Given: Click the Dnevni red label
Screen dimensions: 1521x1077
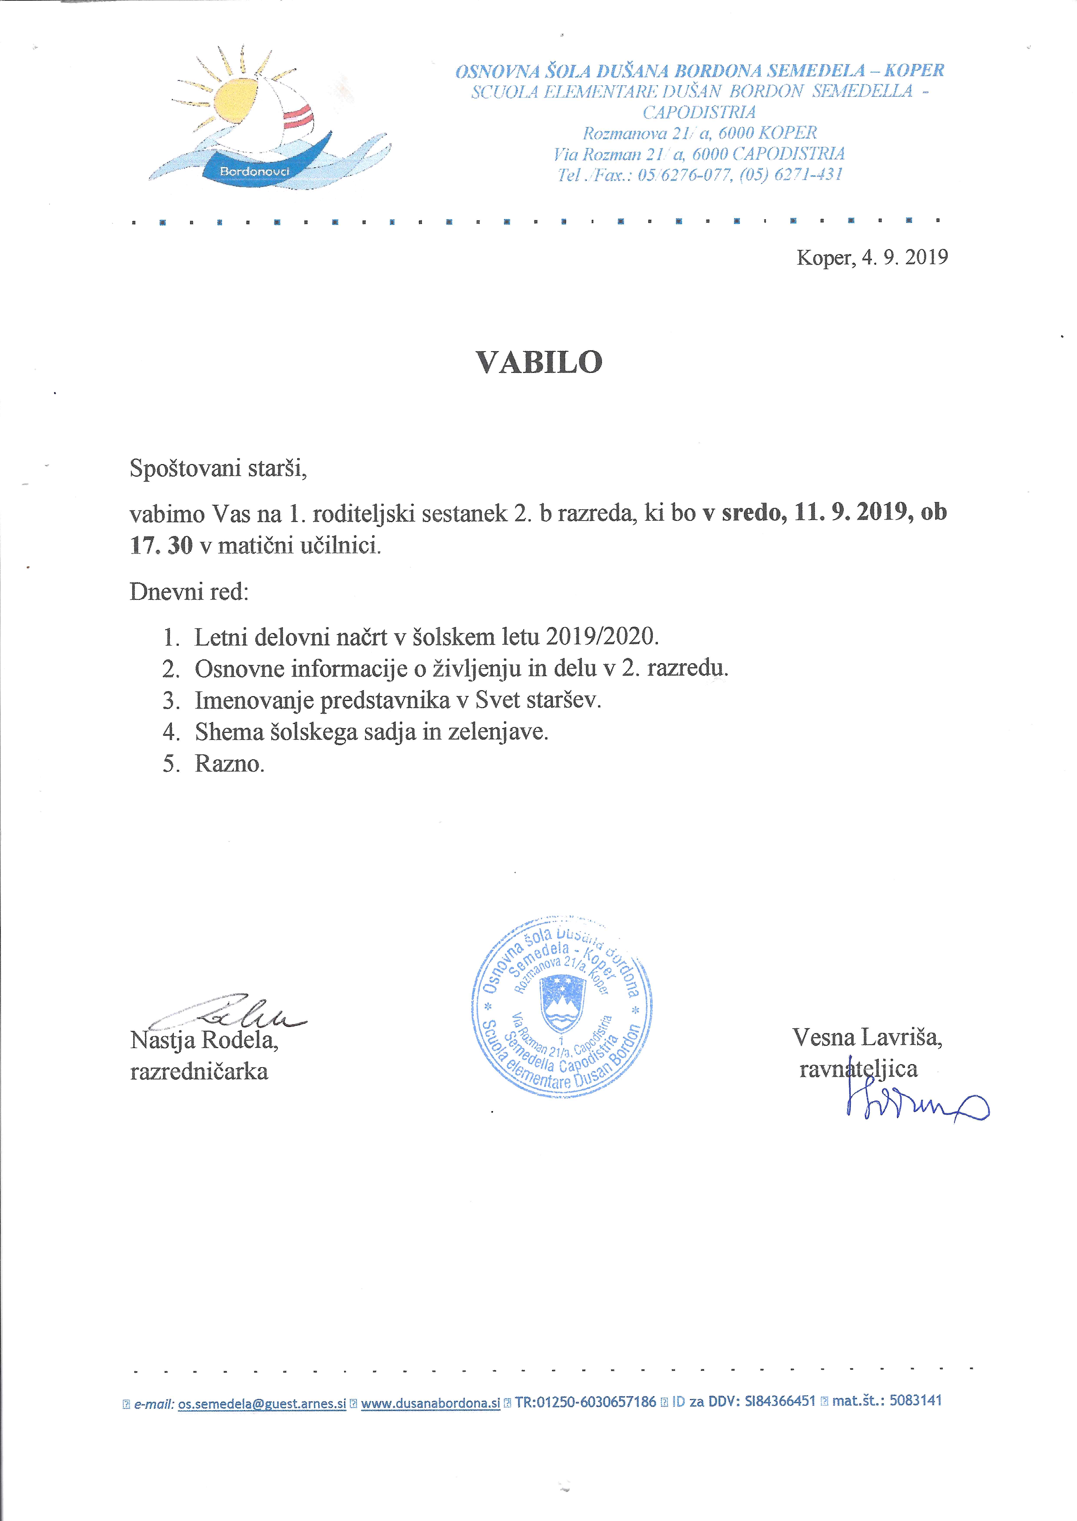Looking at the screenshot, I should [189, 591].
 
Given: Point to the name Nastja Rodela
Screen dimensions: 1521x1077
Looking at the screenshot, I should [204, 1040].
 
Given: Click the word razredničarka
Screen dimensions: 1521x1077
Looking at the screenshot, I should [199, 1072].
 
